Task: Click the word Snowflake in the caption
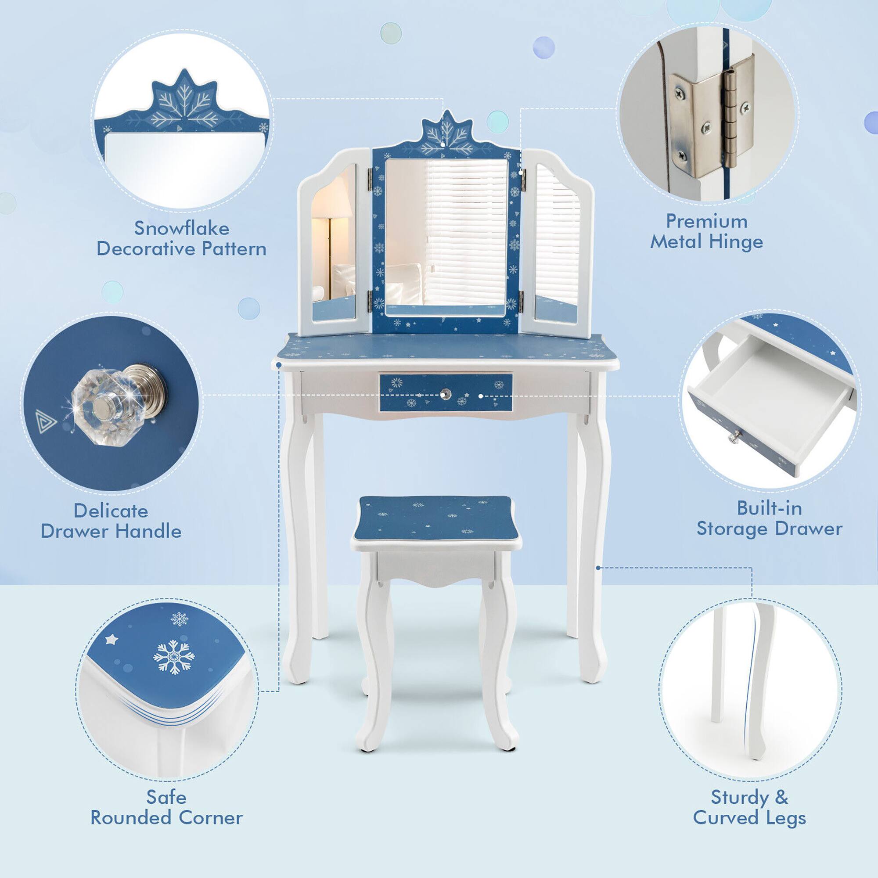click(181, 228)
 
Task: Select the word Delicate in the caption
click(111, 511)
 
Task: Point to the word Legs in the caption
click(784, 817)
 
